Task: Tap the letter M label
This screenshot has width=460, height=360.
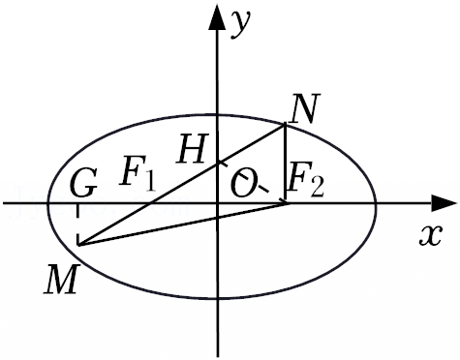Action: (62, 279)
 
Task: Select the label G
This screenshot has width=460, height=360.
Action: (83, 184)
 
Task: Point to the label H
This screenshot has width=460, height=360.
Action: (192, 148)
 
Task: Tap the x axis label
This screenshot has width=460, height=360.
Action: (430, 236)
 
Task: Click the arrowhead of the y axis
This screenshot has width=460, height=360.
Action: (217, 17)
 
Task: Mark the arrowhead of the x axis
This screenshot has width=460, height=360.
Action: (445, 204)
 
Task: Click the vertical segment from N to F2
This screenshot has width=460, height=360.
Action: (285, 164)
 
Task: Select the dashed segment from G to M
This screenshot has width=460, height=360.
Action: (77, 225)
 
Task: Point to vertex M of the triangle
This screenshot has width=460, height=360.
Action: (78, 245)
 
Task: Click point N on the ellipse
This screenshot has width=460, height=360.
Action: (285, 123)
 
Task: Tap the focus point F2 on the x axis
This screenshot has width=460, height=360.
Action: (286, 203)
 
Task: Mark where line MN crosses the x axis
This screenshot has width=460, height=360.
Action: (150, 203)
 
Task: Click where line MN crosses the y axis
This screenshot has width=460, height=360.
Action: (218, 163)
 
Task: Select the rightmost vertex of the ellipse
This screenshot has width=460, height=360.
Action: (376, 204)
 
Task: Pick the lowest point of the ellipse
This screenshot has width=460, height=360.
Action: (218, 299)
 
